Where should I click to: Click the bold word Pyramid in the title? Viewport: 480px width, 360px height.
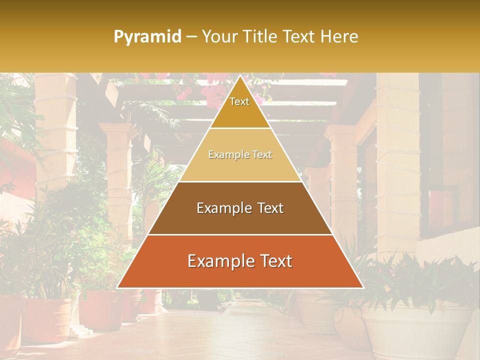[147, 37]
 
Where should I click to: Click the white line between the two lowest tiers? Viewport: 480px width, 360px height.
[240, 234]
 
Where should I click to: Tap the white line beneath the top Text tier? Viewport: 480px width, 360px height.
[240, 128]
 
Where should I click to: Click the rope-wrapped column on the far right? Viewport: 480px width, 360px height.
[397, 160]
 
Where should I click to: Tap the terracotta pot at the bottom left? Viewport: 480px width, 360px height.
[47, 320]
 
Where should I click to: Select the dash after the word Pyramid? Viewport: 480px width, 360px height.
[191, 37]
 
